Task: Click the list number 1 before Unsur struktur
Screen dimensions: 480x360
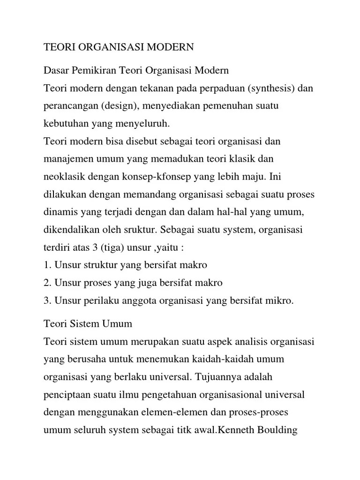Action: [x=46, y=265]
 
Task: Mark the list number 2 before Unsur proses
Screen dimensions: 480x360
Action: [x=46, y=283]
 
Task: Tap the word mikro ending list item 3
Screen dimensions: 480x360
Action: [x=281, y=301]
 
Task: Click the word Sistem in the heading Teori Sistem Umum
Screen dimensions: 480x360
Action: [x=84, y=324]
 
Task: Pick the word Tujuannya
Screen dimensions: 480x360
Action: [x=223, y=377]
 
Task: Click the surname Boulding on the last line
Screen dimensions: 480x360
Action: [x=276, y=430]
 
